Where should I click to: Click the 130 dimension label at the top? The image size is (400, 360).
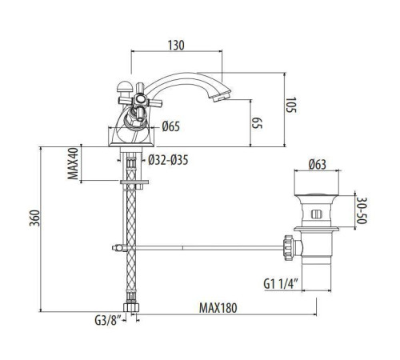point(178,45)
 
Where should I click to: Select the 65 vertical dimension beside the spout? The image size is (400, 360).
point(258,123)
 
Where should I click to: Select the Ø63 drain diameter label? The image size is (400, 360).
point(318,166)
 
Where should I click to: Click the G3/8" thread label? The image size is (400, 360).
point(107,324)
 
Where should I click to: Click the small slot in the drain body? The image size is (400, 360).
point(318,214)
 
